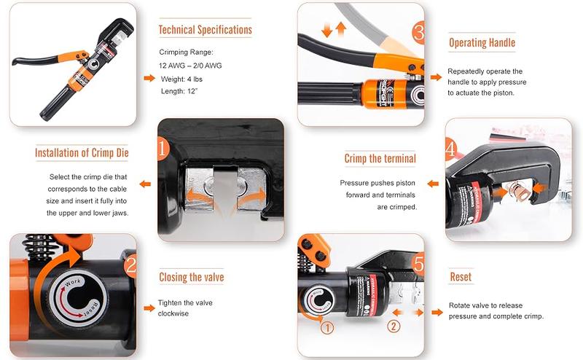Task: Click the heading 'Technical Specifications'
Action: [206, 30]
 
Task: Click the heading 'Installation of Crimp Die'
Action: [82, 153]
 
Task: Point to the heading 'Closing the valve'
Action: [192, 277]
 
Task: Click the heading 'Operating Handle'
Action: [482, 42]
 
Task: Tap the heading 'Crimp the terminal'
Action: [380, 158]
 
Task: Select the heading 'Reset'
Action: [461, 277]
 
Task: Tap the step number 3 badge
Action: [418, 32]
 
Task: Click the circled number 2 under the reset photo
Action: [394, 326]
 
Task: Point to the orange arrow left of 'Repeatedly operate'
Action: [436, 77]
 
